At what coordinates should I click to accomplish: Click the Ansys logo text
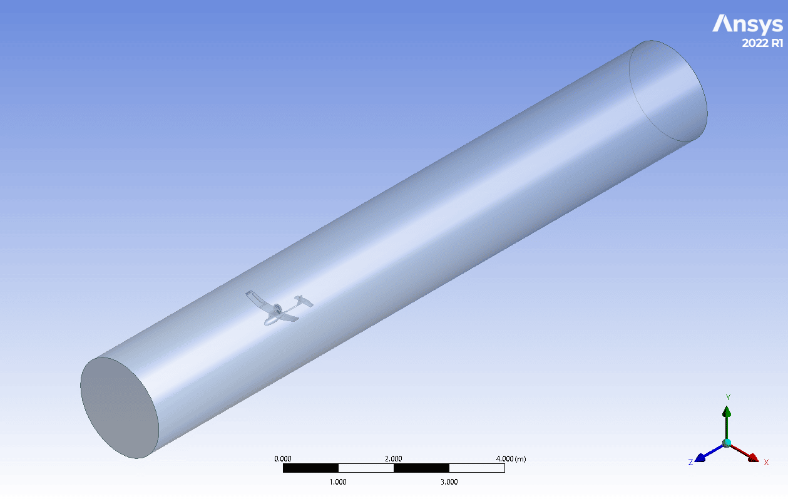pos(747,24)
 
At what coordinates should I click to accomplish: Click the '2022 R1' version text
pos(762,43)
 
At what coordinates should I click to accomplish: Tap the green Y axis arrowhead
pos(727,411)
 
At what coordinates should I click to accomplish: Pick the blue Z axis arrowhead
pos(700,458)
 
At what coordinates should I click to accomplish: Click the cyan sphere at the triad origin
pos(727,443)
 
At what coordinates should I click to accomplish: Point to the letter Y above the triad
pos(728,398)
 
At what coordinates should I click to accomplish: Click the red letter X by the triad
pos(766,463)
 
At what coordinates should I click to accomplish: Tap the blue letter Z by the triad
pos(690,463)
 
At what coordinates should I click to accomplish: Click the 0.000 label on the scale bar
pos(282,458)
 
